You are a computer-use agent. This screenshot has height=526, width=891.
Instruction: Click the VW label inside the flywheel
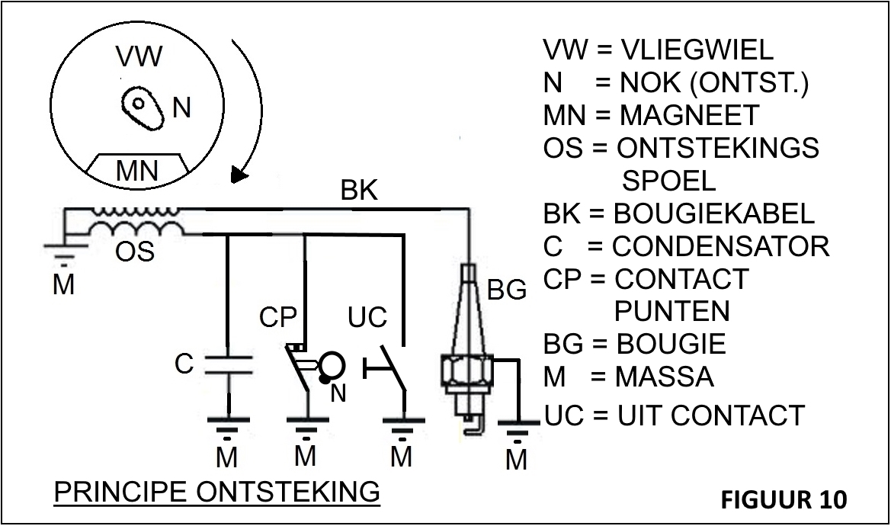tap(139, 57)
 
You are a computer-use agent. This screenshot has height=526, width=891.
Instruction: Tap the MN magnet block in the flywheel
tap(137, 168)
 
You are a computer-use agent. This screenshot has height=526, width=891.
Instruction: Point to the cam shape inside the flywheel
tap(143, 106)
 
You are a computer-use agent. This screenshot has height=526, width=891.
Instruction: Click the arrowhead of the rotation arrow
tap(239, 176)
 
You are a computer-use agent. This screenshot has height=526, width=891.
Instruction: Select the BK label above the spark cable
tap(359, 191)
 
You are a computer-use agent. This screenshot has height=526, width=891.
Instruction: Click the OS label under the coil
tap(135, 251)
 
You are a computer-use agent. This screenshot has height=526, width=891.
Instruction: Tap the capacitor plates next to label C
tap(229, 364)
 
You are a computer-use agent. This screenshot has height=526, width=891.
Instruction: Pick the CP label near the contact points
tap(277, 317)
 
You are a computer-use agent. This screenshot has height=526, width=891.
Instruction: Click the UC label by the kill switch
tap(367, 317)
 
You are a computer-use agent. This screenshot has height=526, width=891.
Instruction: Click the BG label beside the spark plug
tap(507, 290)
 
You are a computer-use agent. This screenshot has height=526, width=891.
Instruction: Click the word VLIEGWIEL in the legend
tap(697, 50)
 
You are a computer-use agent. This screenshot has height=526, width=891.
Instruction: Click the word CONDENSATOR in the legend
tap(721, 246)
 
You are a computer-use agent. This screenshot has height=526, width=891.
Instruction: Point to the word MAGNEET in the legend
tap(689, 115)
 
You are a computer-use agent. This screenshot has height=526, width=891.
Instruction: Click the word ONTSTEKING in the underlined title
tap(288, 492)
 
